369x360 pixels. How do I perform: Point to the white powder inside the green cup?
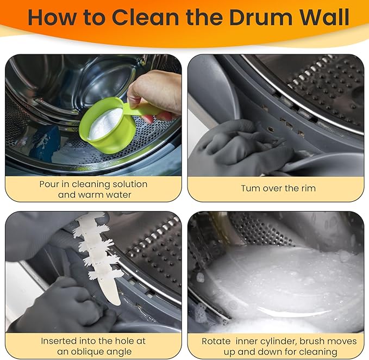point(105,123)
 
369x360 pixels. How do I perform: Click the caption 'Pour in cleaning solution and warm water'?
point(93,189)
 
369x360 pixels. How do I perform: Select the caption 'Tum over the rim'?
point(278,189)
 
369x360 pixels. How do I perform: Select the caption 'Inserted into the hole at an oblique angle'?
point(93,346)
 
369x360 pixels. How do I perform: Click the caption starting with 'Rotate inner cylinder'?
point(279,346)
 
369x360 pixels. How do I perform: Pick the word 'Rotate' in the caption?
point(216,342)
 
